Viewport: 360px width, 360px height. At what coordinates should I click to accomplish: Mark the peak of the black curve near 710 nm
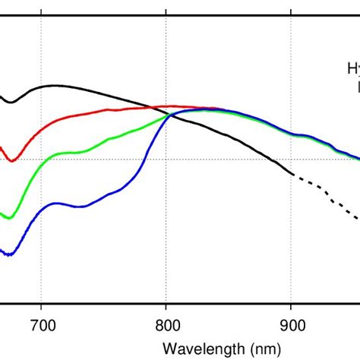click(x=55, y=86)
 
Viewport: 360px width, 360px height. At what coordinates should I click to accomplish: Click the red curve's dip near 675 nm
click(x=11, y=159)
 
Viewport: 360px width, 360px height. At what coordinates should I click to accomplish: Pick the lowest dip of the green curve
click(x=9, y=217)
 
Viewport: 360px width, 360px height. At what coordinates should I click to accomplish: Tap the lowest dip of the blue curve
click(x=8, y=254)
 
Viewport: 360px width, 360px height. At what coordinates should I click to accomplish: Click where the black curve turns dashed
click(x=292, y=175)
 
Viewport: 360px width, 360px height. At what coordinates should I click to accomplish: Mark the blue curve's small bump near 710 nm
click(x=55, y=204)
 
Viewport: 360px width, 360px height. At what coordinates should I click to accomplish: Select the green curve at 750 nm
click(x=105, y=140)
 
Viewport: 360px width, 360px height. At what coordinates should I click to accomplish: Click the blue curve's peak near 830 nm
click(x=202, y=109)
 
